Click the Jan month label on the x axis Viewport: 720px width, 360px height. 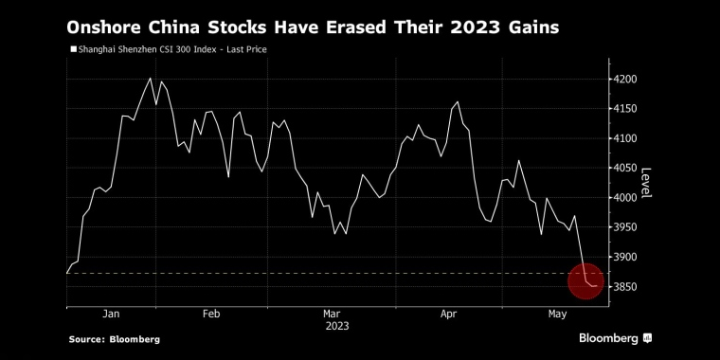point(111,315)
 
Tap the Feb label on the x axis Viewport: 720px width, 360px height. point(211,315)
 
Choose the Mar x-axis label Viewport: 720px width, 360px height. point(332,315)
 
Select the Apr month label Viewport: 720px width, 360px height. point(449,315)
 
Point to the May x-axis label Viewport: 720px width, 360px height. point(557,315)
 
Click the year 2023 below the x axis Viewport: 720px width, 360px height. point(337,327)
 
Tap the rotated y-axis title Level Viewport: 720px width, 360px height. point(645,183)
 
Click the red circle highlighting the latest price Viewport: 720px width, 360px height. point(585,281)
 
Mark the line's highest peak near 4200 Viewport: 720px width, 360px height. point(150,78)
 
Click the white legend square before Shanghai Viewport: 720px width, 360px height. point(73,49)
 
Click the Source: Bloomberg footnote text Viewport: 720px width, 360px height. point(115,340)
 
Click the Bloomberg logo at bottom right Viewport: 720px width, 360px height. point(615,338)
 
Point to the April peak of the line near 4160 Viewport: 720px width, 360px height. point(458,102)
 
